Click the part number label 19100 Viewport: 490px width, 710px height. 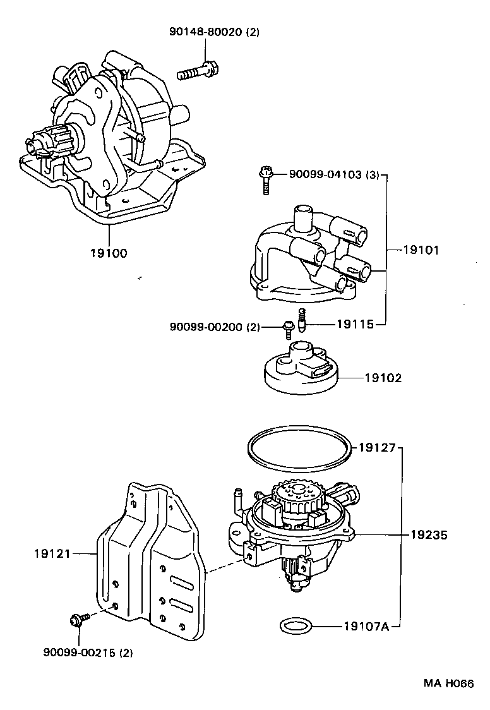click(x=108, y=253)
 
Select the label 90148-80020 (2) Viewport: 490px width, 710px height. click(x=206, y=33)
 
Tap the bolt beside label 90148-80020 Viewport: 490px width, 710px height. click(x=196, y=71)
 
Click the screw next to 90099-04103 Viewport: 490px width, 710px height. click(x=266, y=177)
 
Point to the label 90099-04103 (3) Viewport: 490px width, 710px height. click(x=334, y=175)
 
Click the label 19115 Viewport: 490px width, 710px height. click(x=355, y=323)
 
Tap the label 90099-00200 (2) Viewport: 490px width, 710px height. click(x=214, y=327)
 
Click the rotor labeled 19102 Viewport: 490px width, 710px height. click(x=302, y=367)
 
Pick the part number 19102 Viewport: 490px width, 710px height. click(x=383, y=378)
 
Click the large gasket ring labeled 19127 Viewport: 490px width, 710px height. click(x=297, y=451)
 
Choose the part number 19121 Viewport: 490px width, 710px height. click(x=52, y=553)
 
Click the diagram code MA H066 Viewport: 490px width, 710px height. click(x=448, y=683)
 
